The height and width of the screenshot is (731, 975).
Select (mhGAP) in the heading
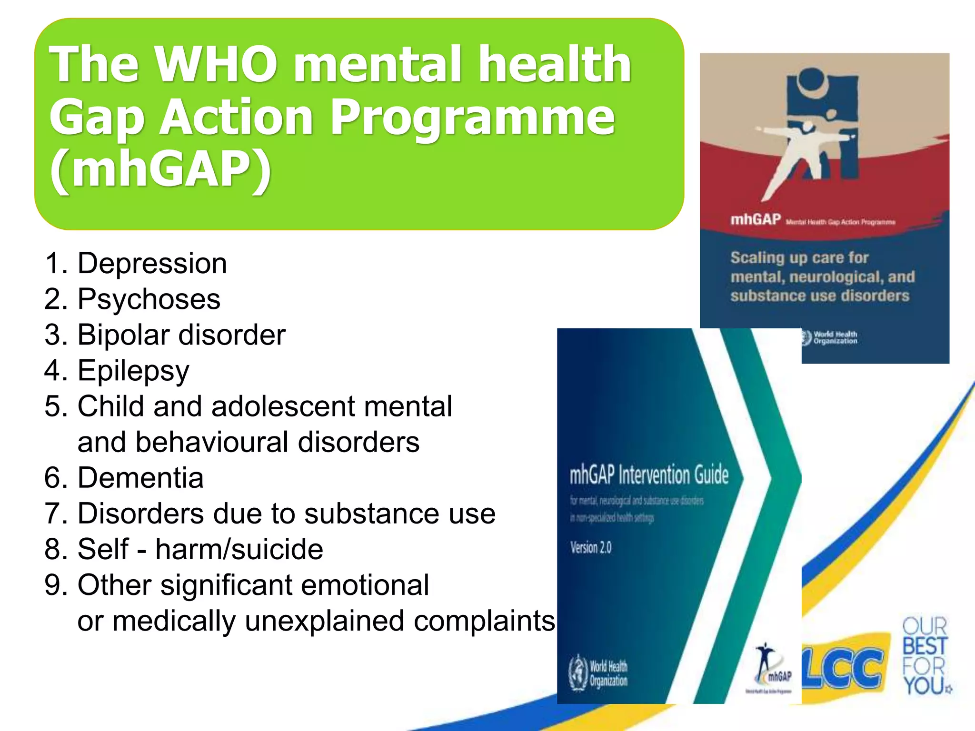160,169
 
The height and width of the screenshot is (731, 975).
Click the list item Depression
152,263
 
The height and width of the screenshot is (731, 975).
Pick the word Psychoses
149,299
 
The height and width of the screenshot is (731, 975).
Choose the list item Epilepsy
133,371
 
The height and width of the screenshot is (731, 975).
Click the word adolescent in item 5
283,406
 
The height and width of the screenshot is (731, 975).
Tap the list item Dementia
140,478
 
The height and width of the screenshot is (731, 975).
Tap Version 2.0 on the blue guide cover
591,548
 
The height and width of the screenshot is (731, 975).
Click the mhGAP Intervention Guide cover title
649,474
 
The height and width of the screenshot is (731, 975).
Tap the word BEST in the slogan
925,646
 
